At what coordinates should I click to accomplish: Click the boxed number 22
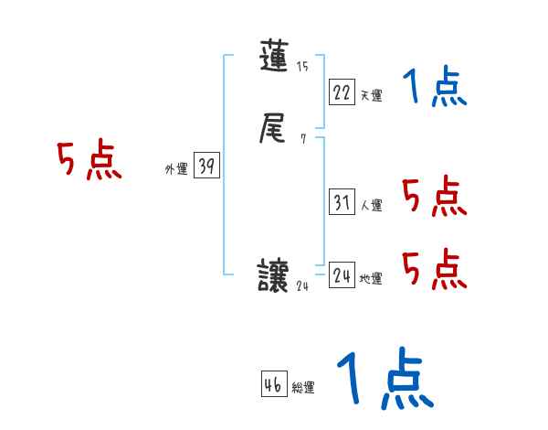click(342, 92)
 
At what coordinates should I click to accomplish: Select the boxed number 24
click(342, 275)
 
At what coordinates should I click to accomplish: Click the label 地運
click(371, 278)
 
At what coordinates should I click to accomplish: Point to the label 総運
click(302, 388)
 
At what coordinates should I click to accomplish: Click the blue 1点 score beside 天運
click(435, 88)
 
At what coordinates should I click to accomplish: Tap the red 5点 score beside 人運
click(434, 197)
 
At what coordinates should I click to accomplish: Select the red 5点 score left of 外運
click(89, 161)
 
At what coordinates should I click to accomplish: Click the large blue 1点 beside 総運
click(383, 379)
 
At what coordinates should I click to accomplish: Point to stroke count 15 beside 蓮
click(302, 68)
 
